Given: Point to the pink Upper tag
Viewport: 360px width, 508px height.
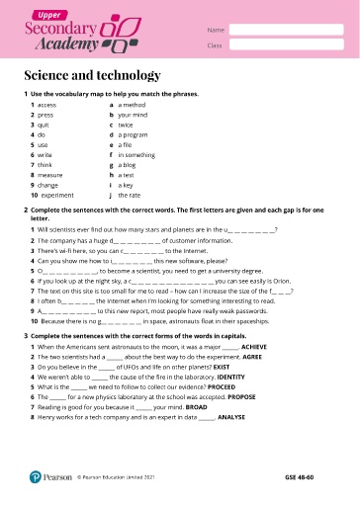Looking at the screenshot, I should pos(45,15).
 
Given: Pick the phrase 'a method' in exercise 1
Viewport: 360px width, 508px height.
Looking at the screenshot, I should pos(132,104).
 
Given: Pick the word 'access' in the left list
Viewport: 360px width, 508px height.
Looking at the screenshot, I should pos(46,104).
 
